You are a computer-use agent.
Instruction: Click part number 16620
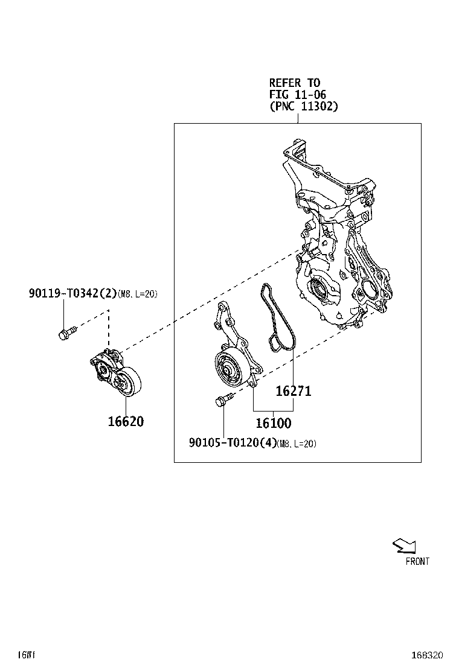[x=126, y=421]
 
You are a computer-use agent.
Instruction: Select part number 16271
[x=294, y=391]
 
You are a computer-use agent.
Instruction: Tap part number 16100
[x=273, y=423]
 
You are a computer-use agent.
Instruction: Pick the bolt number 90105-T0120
[x=233, y=444]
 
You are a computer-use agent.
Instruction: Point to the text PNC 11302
[x=304, y=106]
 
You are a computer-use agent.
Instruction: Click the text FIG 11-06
[x=298, y=94]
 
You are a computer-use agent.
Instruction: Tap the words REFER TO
[x=295, y=82]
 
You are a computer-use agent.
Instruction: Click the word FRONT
[x=417, y=561]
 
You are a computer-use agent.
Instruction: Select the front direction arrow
[x=404, y=546]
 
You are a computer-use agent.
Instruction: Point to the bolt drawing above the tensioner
[x=66, y=331]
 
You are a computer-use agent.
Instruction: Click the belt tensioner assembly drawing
[x=115, y=374]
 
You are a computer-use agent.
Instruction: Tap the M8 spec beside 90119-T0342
[x=137, y=294]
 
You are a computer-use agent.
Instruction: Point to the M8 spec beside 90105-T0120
[x=297, y=444]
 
